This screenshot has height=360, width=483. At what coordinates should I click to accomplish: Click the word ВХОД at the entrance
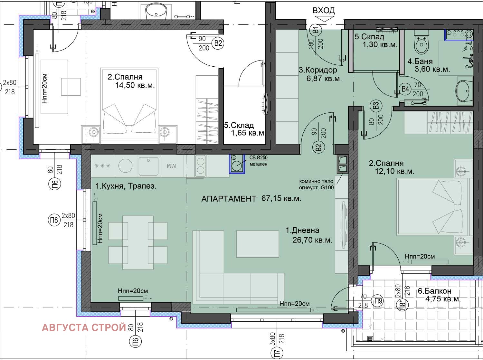pos(324,10)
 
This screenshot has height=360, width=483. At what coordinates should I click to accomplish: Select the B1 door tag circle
pos(316,29)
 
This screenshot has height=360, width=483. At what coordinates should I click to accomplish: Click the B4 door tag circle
pos(405,89)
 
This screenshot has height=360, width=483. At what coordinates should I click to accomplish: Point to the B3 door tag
pos(376,106)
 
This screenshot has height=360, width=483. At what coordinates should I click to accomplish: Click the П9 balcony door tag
pos(378,301)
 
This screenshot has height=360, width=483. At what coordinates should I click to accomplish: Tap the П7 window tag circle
pos(278,353)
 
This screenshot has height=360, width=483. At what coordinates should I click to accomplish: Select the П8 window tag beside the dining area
pos(54,220)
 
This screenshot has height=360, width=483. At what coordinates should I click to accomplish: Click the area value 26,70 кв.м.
pos(312,240)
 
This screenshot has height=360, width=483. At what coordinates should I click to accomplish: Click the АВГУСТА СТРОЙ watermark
pos(84,328)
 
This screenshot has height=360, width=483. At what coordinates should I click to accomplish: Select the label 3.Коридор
pos(318,70)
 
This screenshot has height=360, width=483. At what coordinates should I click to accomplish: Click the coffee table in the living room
pos(258,244)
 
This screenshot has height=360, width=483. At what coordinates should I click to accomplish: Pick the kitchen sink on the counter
pos(148,166)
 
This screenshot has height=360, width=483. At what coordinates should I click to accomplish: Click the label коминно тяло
pos(316,181)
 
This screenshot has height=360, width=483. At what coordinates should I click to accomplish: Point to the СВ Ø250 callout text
pos(259,157)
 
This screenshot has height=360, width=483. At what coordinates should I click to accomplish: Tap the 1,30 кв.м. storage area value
pos(380,45)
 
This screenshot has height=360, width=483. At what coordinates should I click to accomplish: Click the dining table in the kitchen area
pos(138,243)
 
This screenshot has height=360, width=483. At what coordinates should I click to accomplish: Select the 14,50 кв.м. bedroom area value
pos(135,85)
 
